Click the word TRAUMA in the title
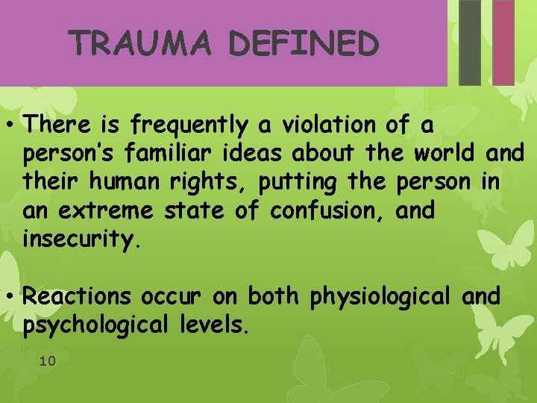[x=142, y=45]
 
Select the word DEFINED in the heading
[x=304, y=45]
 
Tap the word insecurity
[x=81, y=240]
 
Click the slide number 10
[x=47, y=361]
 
